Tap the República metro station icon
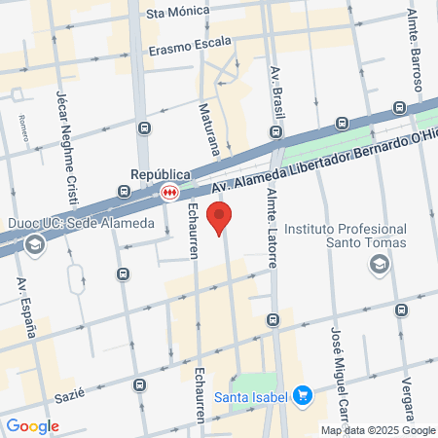click(169, 193)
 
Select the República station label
click(158, 175)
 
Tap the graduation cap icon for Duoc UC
click(35, 243)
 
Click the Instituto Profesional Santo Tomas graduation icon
click(379, 264)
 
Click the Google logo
click(32, 425)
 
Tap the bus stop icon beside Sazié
click(139, 386)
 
